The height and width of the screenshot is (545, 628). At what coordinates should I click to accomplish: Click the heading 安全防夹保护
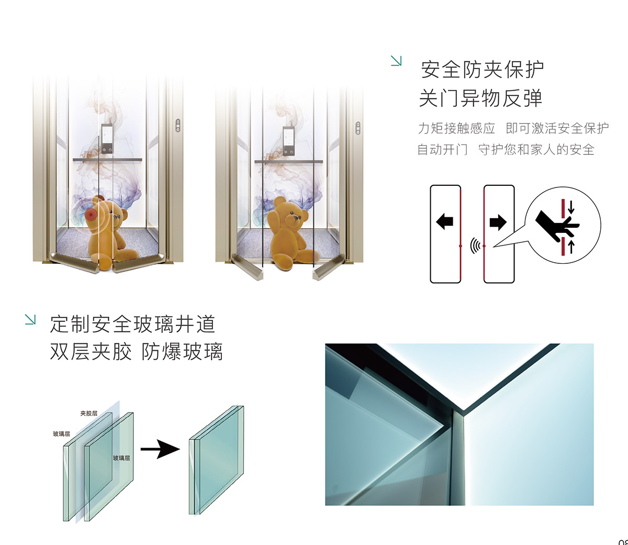point(482,70)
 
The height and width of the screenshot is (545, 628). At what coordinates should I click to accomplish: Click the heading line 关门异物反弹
point(480,98)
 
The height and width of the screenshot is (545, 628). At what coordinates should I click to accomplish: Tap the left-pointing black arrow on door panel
point(444,221)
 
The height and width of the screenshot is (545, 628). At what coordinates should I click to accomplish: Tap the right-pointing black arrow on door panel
point(498,221)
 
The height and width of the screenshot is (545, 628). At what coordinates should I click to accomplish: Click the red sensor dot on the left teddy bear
point(91,215)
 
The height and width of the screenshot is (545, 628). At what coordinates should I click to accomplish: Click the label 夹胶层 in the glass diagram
point(89,413)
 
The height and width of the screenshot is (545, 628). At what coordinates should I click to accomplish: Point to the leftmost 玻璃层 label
point(61,434)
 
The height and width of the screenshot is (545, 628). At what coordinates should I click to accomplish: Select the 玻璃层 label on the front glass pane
point(121,458)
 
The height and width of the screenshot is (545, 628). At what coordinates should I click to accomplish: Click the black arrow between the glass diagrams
point(160,449)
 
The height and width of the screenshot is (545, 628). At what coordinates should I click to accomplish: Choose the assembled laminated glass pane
point(216,460)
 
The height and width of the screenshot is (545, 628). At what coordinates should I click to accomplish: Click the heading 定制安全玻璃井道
point(132,324)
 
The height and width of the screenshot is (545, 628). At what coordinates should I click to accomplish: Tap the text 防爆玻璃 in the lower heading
point(182,352)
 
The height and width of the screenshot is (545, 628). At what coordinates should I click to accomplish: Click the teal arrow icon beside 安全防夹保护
point(396,61)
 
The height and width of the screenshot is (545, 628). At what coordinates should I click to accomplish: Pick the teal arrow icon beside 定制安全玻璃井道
point(30,319)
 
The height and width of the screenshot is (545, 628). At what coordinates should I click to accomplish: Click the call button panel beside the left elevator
point(178,126)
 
